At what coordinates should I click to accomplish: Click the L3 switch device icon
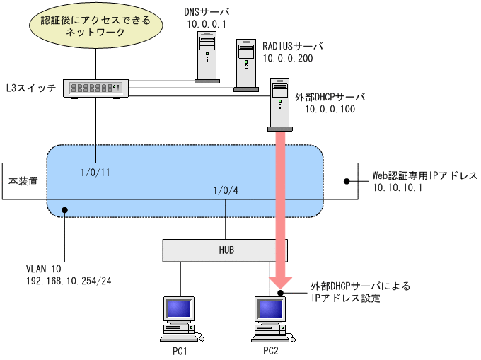coord(96,87)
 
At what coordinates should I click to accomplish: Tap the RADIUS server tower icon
coord(245,65)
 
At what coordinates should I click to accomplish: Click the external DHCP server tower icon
coord(280,106)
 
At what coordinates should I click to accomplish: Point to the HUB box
coord(226,250)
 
